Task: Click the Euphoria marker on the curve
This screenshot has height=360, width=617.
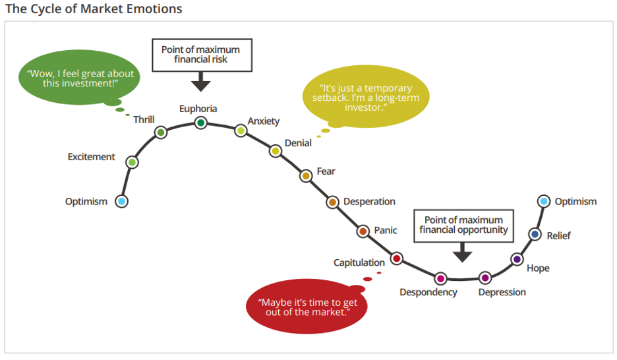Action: point(200,122)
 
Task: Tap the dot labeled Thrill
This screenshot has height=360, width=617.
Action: point(161,133)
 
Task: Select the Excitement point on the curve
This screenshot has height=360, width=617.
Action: point(132,162)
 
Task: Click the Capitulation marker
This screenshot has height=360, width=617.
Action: point(397,258)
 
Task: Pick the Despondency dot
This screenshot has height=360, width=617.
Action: point(440,278)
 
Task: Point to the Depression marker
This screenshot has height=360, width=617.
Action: point(485,278)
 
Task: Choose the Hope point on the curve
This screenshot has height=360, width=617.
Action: point(517,259)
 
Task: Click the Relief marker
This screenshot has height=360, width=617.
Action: point(535,233)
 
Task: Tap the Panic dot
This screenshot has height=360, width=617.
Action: point(363,231)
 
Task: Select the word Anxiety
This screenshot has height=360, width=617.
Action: point(264,121)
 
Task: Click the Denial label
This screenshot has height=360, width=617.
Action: point(298,143)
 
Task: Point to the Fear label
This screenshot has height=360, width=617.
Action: point(326,171)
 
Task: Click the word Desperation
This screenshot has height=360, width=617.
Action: point(369,201)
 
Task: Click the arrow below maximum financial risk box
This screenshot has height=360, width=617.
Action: point(200,83)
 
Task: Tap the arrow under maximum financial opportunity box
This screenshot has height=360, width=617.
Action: point(463,252)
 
